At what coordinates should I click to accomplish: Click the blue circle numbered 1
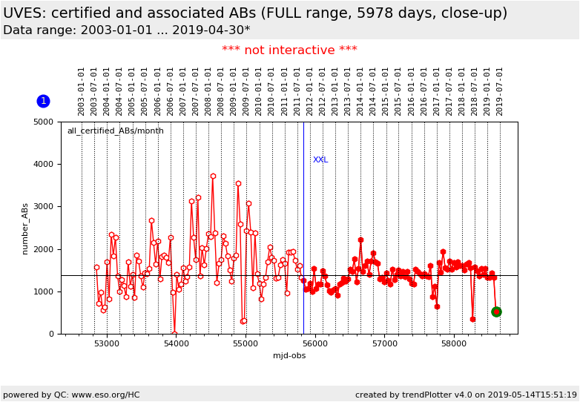(x=43, y=101)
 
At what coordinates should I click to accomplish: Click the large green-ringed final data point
(x=496, y=312)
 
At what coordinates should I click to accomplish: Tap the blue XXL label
(x=320, y=160)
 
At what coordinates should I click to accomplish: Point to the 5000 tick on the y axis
(x=47, y=122)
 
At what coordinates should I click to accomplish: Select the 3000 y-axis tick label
(x=47, y=207)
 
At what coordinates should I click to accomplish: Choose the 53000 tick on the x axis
(x=107, y=345)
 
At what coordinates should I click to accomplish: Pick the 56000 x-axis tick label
(x=315, y=345)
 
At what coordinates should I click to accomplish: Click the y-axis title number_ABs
(x=24, y=228)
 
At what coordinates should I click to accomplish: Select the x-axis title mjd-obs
(x=289, y=356)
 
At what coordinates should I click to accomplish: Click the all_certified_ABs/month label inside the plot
(x=115, y=131)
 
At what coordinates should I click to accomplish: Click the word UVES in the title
(x=24, y=13)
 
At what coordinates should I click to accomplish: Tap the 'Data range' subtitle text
(x=126, y=30)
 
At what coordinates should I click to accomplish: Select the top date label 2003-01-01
(x=82, y=90)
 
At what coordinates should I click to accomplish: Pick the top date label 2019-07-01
(x=500, y=90)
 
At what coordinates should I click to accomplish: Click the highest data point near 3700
(x=213, y=177)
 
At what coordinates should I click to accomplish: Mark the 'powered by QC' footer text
(x=71, y=395)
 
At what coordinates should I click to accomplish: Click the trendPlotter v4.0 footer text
(x=460, y=395)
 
